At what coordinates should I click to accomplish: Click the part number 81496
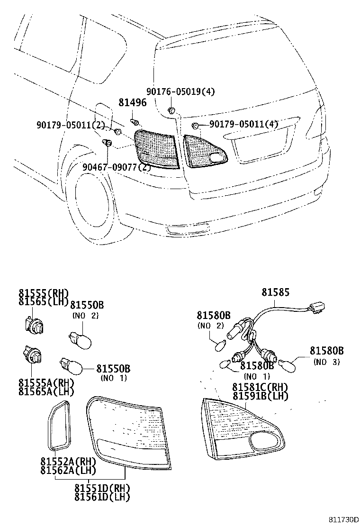pyautogui.click(x=132, y=102)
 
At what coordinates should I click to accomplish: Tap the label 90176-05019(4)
pyautogui.click(x=174, y=92)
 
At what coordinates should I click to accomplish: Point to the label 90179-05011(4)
pyautogui.click(x=243, y=124)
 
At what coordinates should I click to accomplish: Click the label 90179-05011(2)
pyautogui.click(x=70, y=125)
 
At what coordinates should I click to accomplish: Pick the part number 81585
pyautogui.click(x=275, y=292)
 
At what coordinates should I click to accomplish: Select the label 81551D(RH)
pyautogui.click(x=102, y=488)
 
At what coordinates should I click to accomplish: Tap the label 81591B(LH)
pyautogui.click(x=260, y=396)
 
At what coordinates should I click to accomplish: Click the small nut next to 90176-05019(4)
pyautogui.click(x=171, y=111)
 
